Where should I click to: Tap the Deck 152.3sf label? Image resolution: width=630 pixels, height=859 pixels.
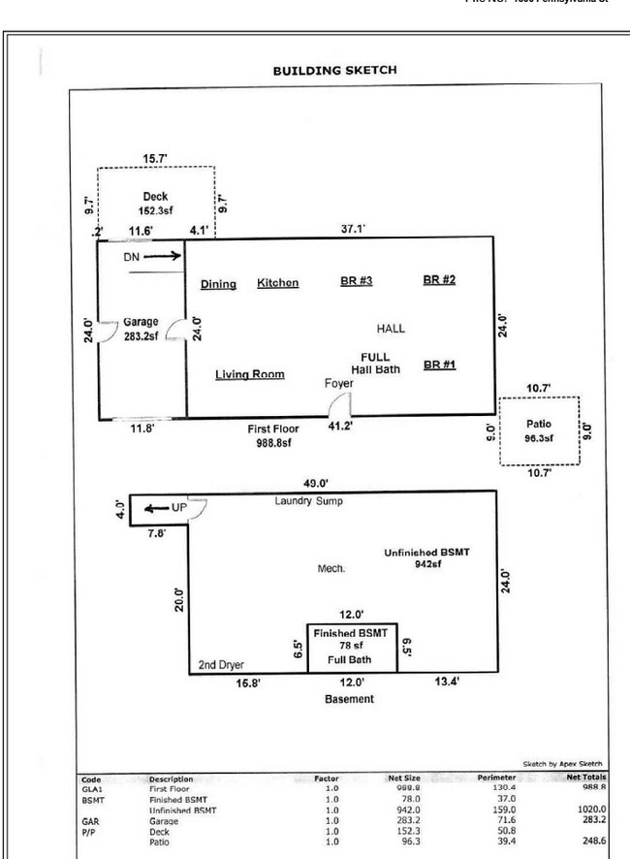point(155,203)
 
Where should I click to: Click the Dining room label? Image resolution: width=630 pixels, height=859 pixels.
point(218,284)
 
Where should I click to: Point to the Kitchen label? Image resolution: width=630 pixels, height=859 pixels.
point(277,284)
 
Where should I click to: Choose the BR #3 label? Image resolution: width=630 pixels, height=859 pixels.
point(357,281)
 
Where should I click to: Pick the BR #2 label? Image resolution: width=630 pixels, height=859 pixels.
point(439,280)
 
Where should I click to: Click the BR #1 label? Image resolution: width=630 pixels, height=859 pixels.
point(439,366)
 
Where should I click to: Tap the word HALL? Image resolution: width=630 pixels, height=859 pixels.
point(392,329)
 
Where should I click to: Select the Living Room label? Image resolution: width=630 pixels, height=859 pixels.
point(249,374)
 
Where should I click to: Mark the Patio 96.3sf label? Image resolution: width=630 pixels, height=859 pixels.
point(539,430)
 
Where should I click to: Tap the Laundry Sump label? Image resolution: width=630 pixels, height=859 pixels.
point(307,501)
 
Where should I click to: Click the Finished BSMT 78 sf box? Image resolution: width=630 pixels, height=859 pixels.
point(351,647)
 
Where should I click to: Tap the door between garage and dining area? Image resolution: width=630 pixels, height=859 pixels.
point(176,332)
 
